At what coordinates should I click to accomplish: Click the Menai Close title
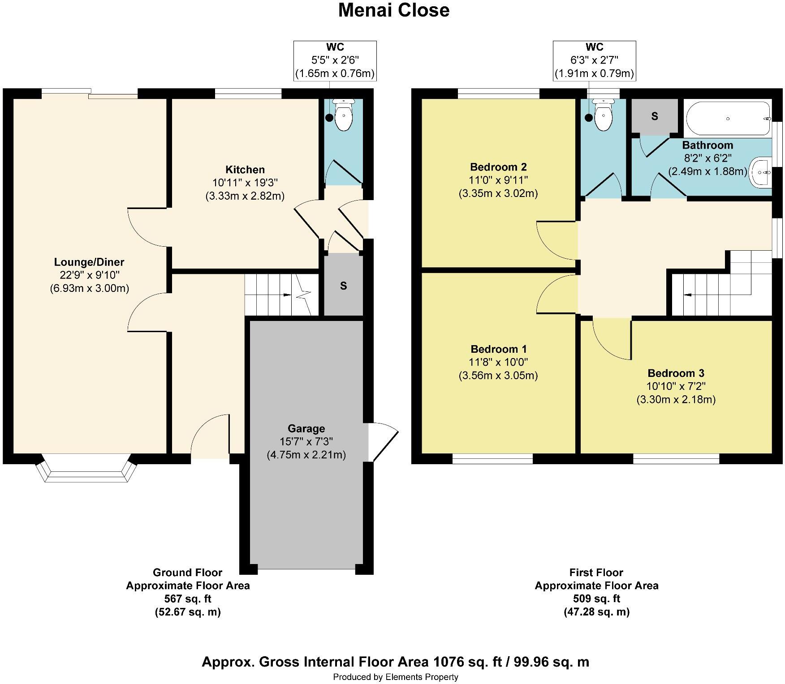(x=394, y=10)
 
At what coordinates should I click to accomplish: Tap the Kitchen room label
(x=245, y=170)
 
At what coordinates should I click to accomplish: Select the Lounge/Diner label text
(x=89, y=262)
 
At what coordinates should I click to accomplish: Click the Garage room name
(x=306, y=429)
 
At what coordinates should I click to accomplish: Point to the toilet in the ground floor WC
(x=344, y=115)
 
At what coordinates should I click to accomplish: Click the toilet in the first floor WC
(x=603, y=115)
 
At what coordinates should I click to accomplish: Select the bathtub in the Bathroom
(x=728, y=119)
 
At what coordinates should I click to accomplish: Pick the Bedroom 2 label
(x=498, y=167)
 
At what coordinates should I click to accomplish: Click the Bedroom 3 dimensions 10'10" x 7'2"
(x=676, y=386)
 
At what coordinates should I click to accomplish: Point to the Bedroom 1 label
(x=499, y=349)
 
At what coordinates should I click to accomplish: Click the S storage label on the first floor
(x=655, y=116)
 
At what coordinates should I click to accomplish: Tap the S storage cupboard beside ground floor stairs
(x=344, y=286)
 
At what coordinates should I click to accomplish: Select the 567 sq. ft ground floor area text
(x=188, y=598)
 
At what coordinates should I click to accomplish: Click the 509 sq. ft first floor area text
(x=596, y=598)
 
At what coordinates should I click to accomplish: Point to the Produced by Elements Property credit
(x=396, y=677)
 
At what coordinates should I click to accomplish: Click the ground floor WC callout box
(x=335, y=61)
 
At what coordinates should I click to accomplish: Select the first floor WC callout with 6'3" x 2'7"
(x=594, y=61)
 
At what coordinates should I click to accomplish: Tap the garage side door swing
(x=384, y=441)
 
